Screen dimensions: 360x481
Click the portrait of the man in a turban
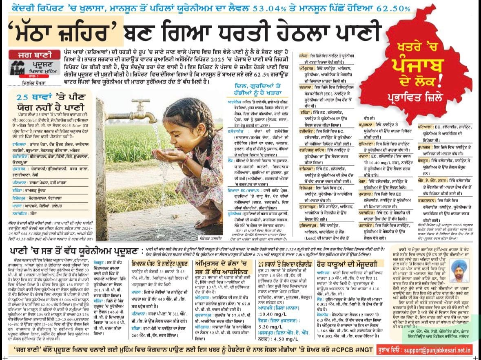459,270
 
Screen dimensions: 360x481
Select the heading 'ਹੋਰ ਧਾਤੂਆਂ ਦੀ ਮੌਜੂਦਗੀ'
341,263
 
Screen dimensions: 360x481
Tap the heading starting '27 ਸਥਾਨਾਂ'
285,263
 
